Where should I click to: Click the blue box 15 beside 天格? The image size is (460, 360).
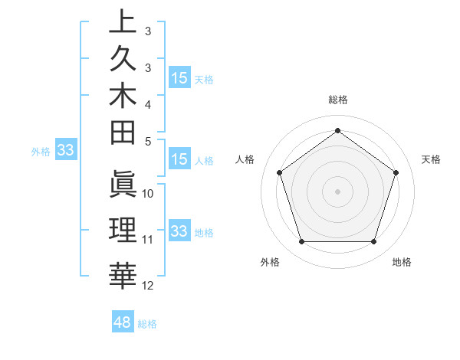(x=179, y=78)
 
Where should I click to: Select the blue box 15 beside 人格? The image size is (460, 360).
(x=179, y=159)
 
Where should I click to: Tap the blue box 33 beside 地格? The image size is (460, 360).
(x=179, y=231)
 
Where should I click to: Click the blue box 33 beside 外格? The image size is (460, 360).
(x=66, y=150)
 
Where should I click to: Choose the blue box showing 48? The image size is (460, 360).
(x=123, y=322)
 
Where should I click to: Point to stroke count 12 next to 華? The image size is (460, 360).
(x=149, y=286)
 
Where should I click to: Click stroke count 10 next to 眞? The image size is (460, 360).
(x=148, y=194)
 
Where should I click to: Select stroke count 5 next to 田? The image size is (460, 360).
(x=148, y=141)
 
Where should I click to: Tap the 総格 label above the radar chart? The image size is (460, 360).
(x=337, y=100)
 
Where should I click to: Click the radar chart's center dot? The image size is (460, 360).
(x=337, y=191)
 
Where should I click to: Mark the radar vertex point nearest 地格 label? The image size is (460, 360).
(x=373, y=242)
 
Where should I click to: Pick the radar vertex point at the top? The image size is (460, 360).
(x=337, y=131)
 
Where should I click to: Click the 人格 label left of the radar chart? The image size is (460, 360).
(x=245, y=159)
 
